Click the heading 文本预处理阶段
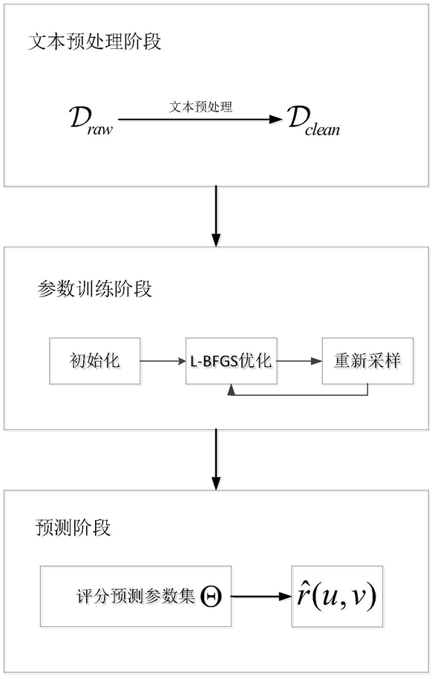pos(95,42)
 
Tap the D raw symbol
pos(91,120)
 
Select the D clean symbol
pos(314,122)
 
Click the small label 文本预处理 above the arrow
pos(200,106)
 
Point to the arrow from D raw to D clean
pos(200,119)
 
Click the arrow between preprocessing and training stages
pos(216,216)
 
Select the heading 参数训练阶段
pos(95,289)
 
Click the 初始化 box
pos(95,361)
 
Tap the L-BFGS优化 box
pos(232,361)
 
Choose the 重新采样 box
pos(367,361)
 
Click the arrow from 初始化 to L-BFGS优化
pos(163,361)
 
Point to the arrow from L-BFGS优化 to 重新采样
pos(299,361)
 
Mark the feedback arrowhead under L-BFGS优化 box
pos(232,389)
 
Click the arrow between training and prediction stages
pos(216,459)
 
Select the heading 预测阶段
pos(73,528)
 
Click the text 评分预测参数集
pos(136,597)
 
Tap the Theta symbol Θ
pos(212,597)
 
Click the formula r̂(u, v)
pos(337,596)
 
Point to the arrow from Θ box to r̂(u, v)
pos(261,597)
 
